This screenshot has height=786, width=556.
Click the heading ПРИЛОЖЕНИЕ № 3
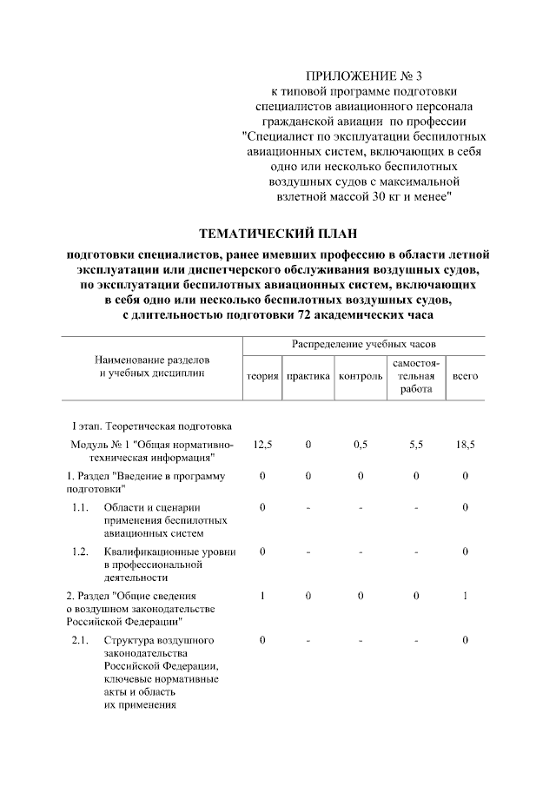pos(364,77)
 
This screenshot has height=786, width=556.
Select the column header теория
pos(261,376)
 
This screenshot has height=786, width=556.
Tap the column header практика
pos(308,376)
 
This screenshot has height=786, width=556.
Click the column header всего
pos(465,376)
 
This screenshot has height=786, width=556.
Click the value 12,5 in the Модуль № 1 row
pos(261,445)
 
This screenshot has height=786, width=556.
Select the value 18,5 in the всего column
pos(465,445)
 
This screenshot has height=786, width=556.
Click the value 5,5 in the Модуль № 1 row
pos(416,445)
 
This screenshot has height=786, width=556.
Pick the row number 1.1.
pos(81,507)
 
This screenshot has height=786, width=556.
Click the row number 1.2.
pos(81,551)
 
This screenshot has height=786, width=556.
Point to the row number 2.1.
pos(81,640)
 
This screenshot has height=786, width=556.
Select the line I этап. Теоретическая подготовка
pos(151,426)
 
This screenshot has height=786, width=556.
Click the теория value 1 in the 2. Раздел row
pos(261,596)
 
